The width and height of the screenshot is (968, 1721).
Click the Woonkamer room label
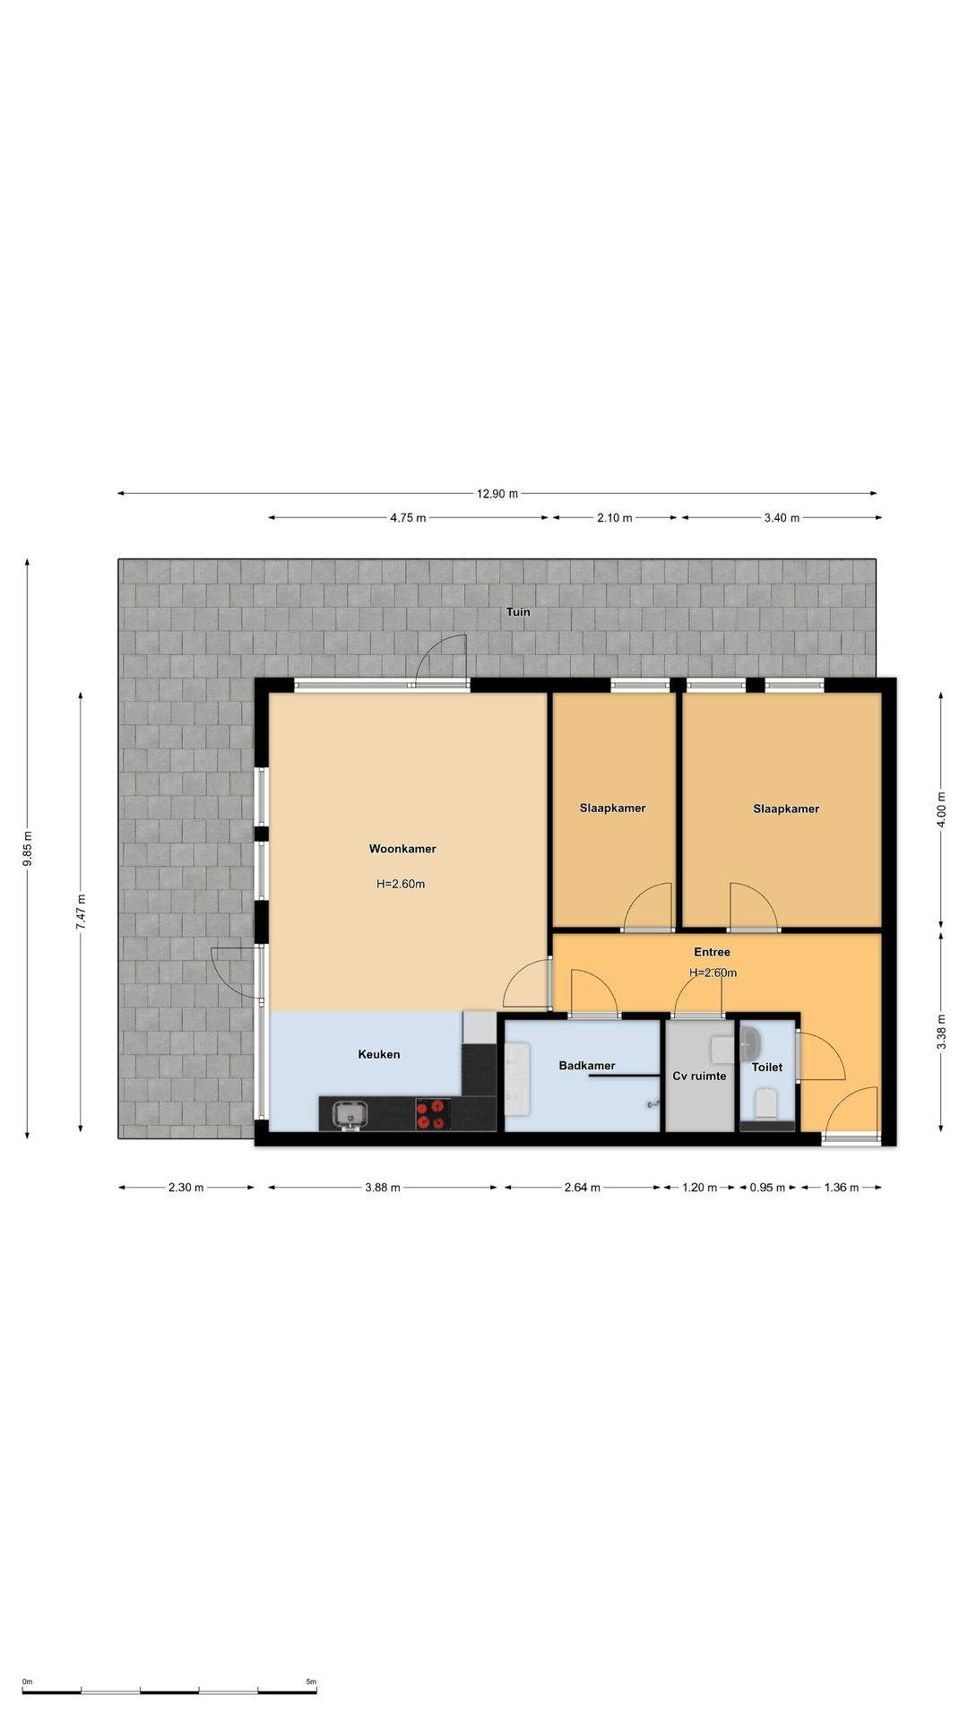[402, 849]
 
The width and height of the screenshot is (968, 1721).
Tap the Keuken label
[379, 1054]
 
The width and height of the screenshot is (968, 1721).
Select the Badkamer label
[587, 1066]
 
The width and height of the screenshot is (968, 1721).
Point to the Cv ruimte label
[699, 1076]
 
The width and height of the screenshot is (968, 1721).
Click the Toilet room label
[767, 1067]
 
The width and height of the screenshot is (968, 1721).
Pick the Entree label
[713, 952]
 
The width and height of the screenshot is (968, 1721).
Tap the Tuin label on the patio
[518, 612]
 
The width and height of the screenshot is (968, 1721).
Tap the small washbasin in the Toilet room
[751, 1041]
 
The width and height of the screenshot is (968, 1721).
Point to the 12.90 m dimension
[497, 493]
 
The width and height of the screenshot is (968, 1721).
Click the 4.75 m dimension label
[408, 518]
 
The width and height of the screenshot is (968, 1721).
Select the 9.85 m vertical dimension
[28, 848]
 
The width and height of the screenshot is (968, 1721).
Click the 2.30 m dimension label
[186, 1188]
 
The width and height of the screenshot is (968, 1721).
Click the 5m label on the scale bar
[310, 1682]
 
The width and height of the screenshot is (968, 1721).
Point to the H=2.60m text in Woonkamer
[401, 884]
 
